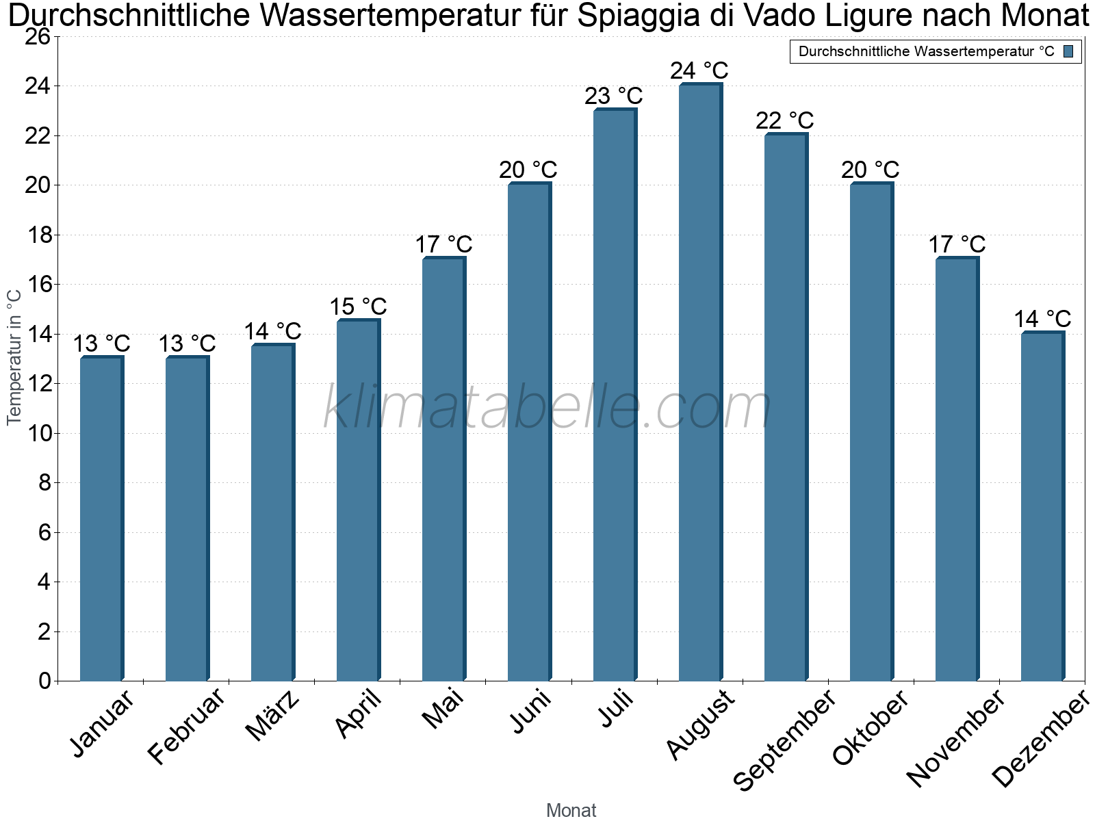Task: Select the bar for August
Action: coord(699,383)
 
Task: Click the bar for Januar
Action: coord(101,520)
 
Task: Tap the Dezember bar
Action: coord(1042,506)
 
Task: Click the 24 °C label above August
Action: coord(699,71)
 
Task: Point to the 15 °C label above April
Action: coord(358,307)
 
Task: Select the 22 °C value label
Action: coord(784,121)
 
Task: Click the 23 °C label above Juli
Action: coord(613,96)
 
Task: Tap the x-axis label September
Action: coord(784,739)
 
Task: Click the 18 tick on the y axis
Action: coord(40,235)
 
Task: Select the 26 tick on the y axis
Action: coord(38,37)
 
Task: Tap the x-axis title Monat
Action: coord(571,811)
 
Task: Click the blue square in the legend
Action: coord(1068,51)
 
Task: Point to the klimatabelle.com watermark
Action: coord(547,408)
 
